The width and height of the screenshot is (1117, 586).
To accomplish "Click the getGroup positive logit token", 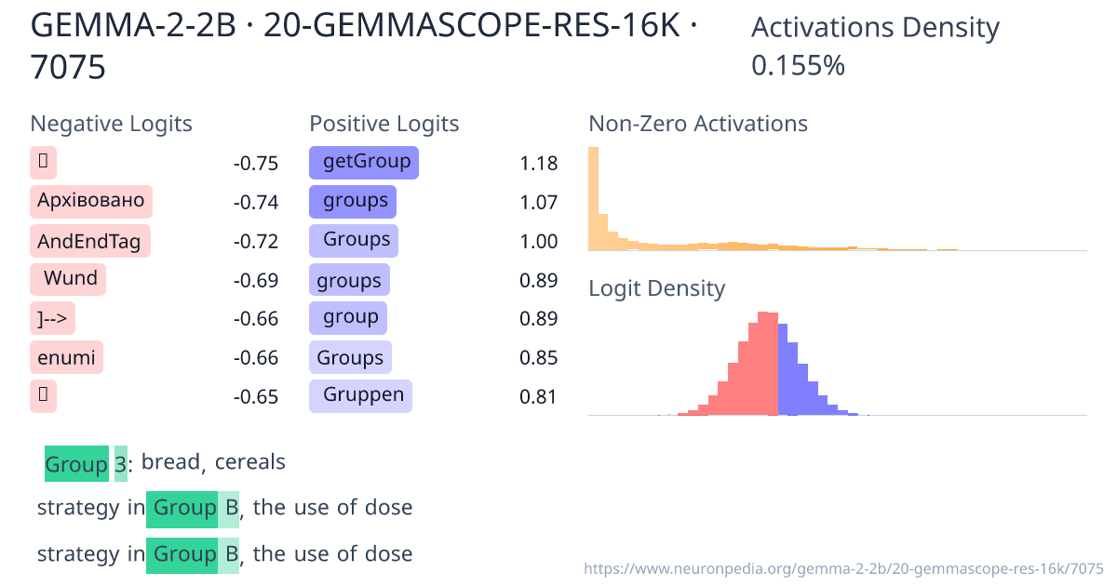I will tap(364, 162).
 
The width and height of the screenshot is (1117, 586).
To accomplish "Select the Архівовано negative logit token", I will tap(91, 201).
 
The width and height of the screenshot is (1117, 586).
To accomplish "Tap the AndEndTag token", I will tap(89, 242).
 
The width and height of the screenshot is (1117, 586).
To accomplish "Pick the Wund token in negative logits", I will tap(69, 278).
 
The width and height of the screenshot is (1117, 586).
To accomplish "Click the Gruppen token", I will tap(360, 395).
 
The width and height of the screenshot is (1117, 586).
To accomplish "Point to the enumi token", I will tap(66, 357).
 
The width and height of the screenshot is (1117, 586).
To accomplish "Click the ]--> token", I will tap(52, 318).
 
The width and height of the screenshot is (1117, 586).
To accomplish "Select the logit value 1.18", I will tap(539, 164).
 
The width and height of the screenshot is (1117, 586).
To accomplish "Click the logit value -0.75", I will tap(256, 164).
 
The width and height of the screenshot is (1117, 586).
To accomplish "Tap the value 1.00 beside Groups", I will tap(539, 242).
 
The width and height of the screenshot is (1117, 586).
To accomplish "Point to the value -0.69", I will tap(256, 281).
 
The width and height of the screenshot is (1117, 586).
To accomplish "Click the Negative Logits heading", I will tap(112, 124).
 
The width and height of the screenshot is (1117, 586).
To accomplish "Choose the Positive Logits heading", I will tap(384, 124).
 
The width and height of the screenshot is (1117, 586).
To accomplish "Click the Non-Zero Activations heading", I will tap(698, 124).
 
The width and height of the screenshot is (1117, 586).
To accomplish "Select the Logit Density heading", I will tap(656, 288).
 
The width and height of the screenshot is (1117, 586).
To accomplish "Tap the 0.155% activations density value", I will tap(798, 65).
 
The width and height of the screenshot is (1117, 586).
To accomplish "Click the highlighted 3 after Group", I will tap(120, 463).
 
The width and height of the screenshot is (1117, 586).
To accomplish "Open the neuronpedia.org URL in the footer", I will tap(843, 567).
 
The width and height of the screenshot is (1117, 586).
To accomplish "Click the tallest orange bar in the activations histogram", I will tap(594, 198).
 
